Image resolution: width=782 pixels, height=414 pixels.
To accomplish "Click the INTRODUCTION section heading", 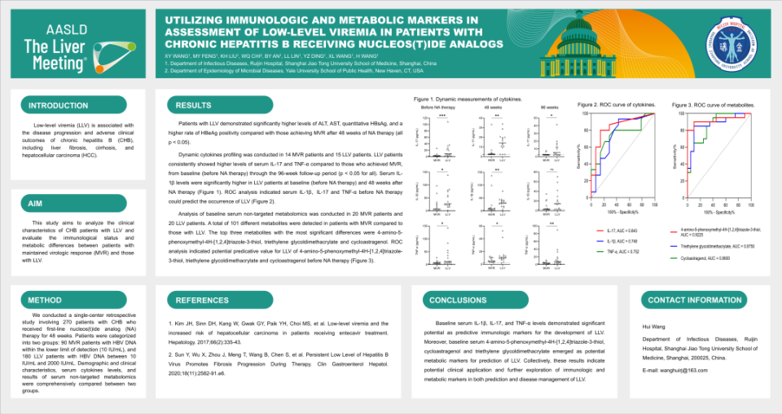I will [x=59, y=106].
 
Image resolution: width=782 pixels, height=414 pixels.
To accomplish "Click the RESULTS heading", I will [x=194, y=105].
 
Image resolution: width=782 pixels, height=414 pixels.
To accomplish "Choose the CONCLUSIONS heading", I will [x=458, y=300].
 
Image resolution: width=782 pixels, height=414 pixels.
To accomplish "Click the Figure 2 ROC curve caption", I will [x=617, y=105].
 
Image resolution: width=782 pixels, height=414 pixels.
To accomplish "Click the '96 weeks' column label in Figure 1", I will [x=550, y=107].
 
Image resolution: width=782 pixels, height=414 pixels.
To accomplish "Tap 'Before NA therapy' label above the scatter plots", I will [x=437, y=107].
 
